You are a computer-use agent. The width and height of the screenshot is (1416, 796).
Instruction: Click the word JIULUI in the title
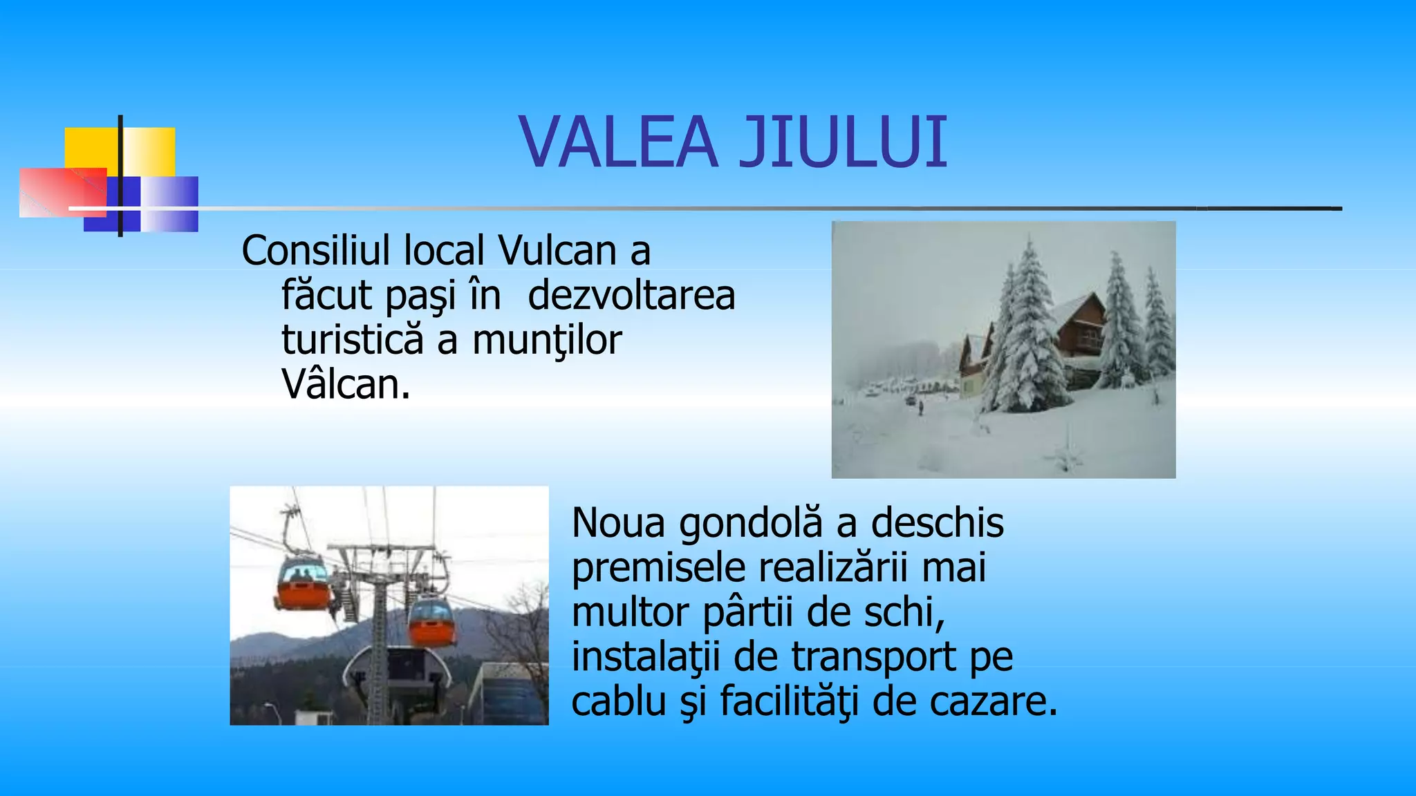[844, 142]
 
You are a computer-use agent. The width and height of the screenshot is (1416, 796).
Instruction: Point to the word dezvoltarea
[631, 296]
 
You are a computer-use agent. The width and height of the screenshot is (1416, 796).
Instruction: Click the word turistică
[352, 340]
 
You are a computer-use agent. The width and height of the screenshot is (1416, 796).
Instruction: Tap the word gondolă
[751, 523]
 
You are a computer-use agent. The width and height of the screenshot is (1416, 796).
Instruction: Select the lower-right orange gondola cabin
[432, 622]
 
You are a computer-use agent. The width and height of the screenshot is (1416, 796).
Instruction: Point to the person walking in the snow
[920, 408]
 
